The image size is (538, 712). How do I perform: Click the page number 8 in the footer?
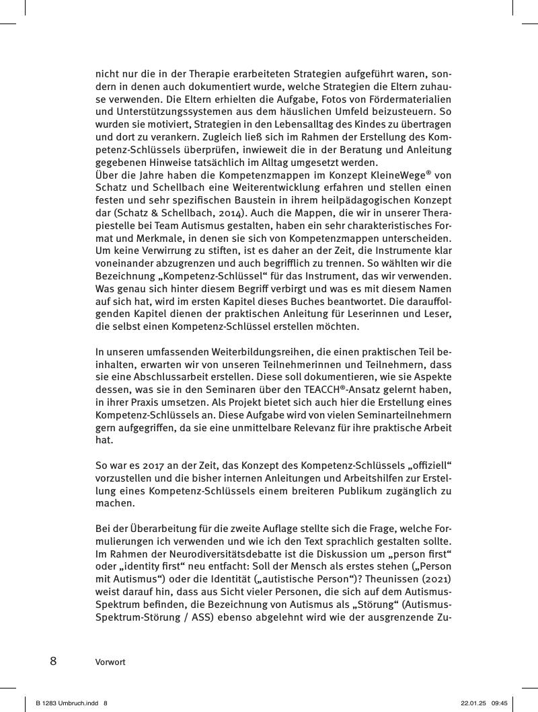coord(53,661)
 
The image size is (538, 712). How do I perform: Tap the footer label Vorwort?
coord(110,662)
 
